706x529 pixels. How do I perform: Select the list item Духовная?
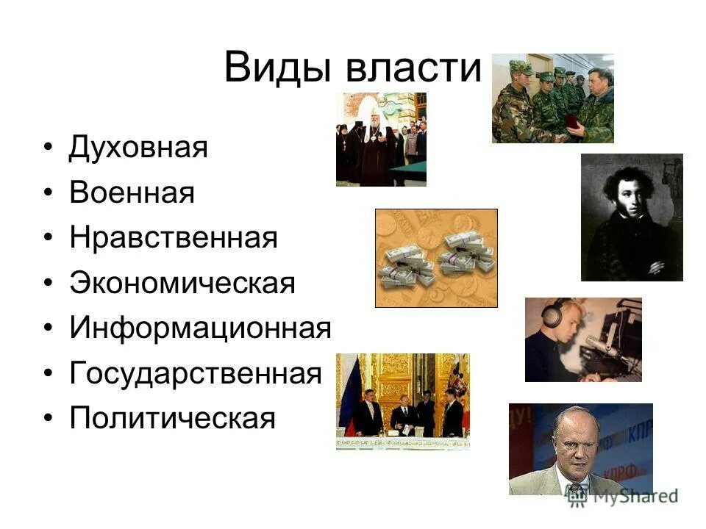tap(139, 148)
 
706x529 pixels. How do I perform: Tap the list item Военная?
tap(132, 193)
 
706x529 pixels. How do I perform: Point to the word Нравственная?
tap(174, 238)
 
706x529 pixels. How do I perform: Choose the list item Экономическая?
tap(182, 284)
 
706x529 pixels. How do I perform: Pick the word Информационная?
tap(201, 328)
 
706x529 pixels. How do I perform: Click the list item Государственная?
tap(196, 374)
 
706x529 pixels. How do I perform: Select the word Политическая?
tap(172, 419)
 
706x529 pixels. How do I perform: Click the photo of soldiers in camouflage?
tap(552, 98)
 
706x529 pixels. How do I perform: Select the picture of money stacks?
tap(436, 258)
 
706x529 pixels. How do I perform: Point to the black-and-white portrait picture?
tap(632, 217)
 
